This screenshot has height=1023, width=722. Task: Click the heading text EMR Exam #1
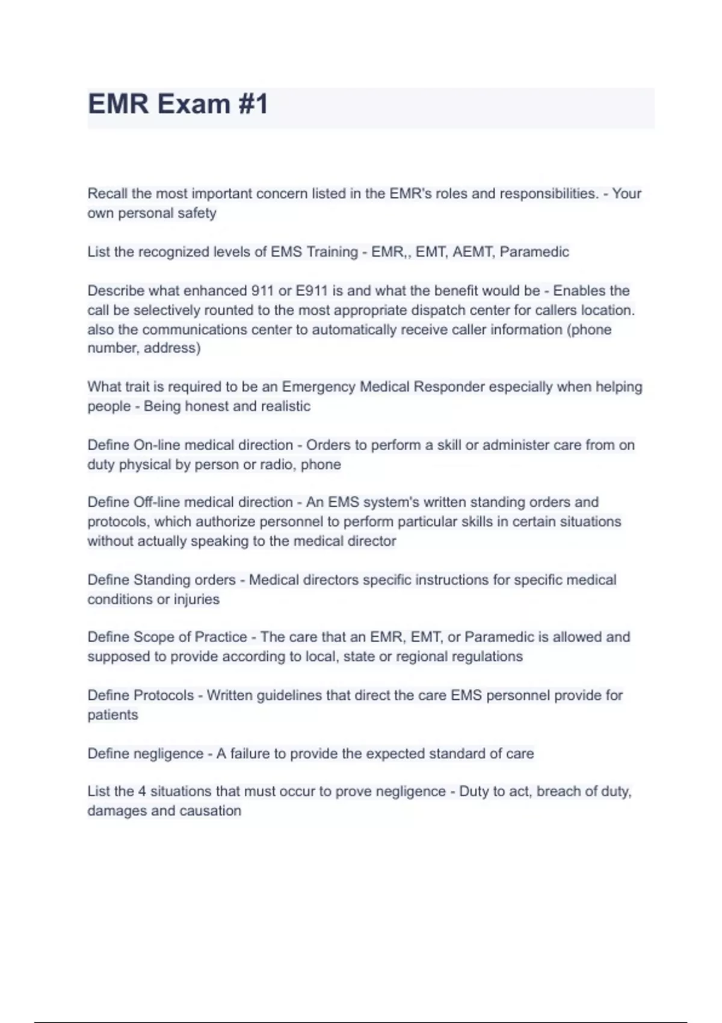click(178, 104)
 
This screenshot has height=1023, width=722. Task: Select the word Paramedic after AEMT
click(534, 252)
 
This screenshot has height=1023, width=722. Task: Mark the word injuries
click(197, 599)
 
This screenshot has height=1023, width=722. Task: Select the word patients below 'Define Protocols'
click(113, 715)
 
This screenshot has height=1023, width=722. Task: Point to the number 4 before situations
click(142, 791)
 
